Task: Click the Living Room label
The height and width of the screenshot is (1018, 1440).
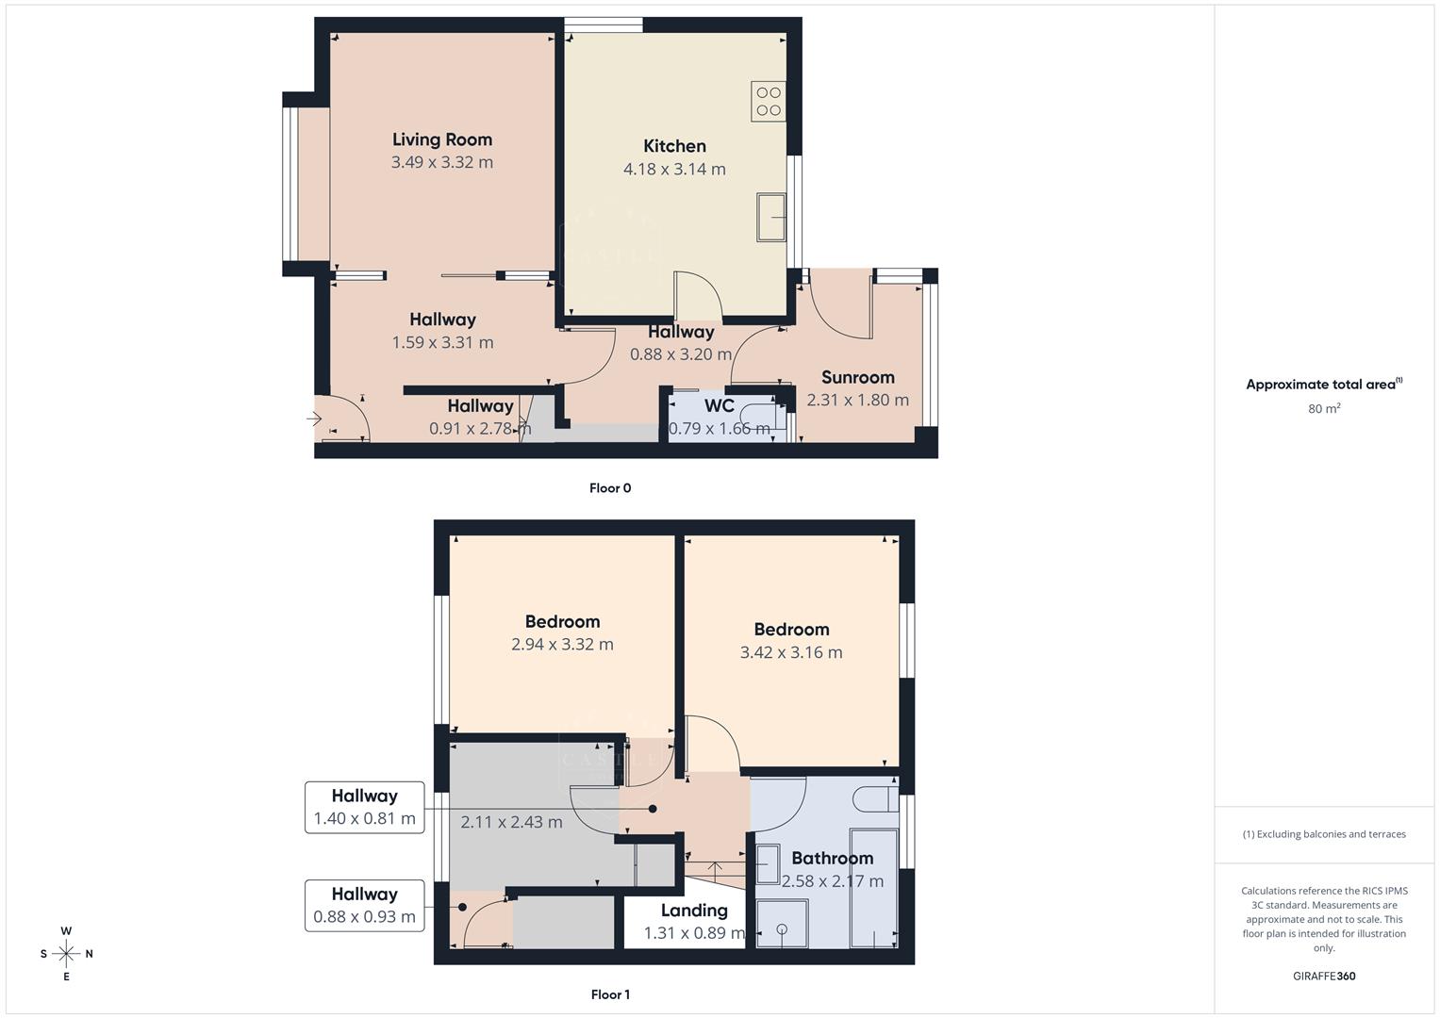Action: (x=442, y=140)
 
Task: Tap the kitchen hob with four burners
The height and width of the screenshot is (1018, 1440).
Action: (x=769, y=102)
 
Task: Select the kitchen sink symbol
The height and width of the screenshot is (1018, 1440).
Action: (x=771, y=217)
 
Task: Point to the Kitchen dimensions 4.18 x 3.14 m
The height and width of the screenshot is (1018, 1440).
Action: (x=674, y=170)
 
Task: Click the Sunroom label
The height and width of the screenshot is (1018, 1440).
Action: (x=857, y=377)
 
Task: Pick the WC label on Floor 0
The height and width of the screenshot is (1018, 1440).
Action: (x=720, y=406)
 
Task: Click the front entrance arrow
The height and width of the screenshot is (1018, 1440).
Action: (x=315, y=419)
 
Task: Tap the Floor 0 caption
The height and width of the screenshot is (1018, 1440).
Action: (x=610, y=488)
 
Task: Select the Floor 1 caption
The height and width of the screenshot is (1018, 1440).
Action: (x=610, y=994)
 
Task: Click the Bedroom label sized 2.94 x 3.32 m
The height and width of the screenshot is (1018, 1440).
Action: (x=562, y=622)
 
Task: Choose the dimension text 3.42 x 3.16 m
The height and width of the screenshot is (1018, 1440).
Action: (x=791, y=652)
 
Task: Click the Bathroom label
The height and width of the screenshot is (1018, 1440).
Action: (x=832, y=858)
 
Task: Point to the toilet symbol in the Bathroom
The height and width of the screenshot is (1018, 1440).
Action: (x=874, y=799)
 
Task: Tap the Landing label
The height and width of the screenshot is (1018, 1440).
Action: (x=694, y=911)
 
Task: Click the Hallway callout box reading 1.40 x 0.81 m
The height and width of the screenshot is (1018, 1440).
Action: (x=364, y=807)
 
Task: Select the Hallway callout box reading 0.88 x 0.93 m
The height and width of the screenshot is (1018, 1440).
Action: (x=364, y=905)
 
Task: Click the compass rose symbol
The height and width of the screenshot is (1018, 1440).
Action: (x=66, y=954)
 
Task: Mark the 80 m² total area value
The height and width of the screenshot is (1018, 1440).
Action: (x=1324, y=409)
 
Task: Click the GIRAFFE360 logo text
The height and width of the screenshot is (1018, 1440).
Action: (x=1324, y=977)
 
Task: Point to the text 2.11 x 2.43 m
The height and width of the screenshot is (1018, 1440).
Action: (x=511, y=822)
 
